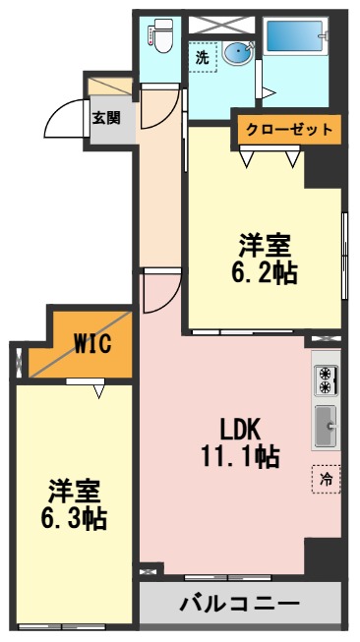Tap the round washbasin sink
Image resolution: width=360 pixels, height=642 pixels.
tap(237, 53)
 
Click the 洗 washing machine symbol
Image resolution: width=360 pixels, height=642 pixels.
tap(202, 57)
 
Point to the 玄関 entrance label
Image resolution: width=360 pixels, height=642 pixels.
tap(106, 118)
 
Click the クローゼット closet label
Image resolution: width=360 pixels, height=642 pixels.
tap(288, 129)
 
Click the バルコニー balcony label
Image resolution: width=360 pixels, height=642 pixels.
tap(239, 603)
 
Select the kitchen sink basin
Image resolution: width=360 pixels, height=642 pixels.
tap(326, 424)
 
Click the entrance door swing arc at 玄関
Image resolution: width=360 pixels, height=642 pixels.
tap(62, 120)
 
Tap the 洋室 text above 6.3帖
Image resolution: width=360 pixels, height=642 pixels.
tap(75, 489)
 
